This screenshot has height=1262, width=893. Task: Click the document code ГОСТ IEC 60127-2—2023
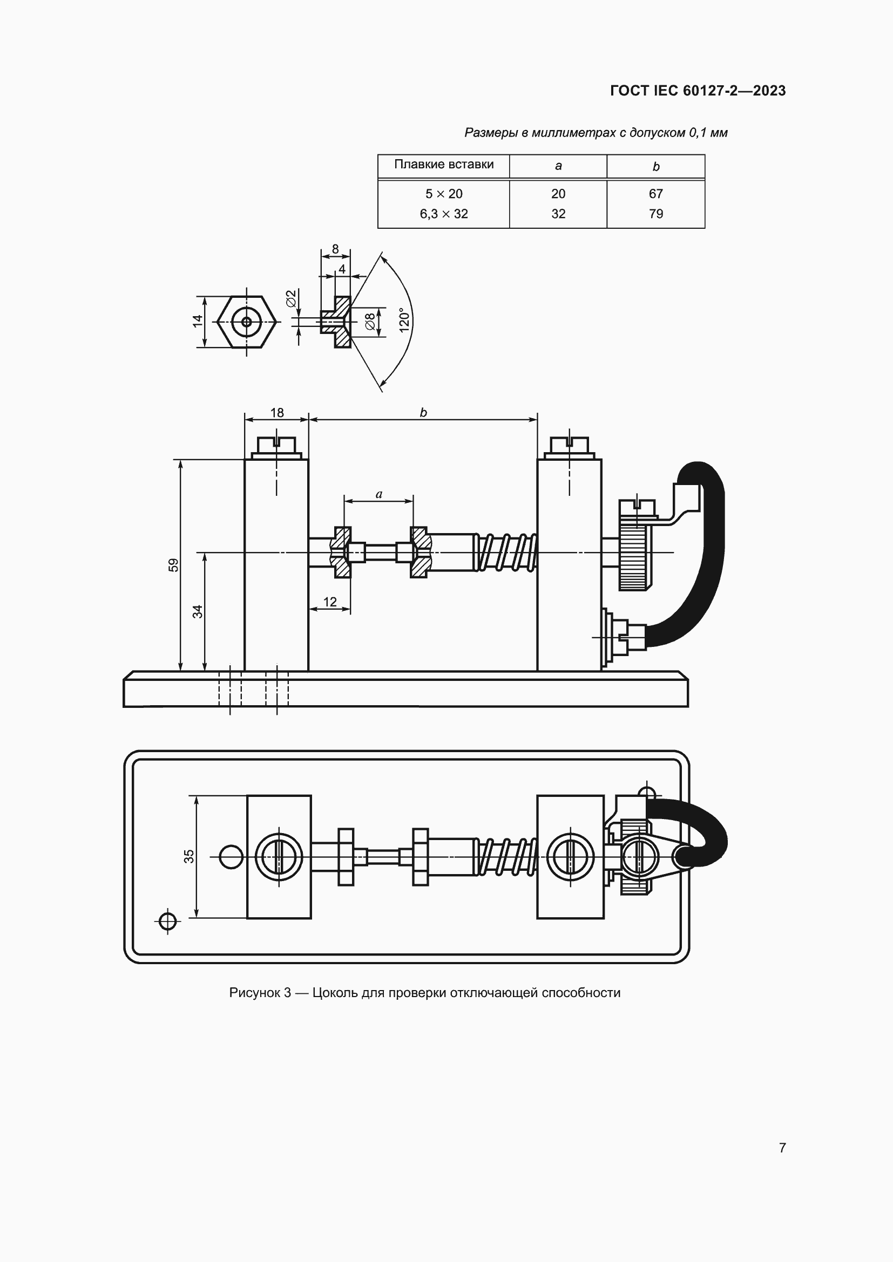coord(697,91)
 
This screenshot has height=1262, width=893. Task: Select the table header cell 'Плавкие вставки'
coord(444,165)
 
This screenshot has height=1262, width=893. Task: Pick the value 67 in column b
coord(655,194)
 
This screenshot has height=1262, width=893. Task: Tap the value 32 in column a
coord(558,214)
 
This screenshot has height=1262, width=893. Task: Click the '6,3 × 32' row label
coord(444,214)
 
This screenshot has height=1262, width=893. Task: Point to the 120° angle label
coord(405,320)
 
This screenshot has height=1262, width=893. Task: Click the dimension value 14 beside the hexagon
coord(198,321)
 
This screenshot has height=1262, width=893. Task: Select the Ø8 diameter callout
coord(370,322)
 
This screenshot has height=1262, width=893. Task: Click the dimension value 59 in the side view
coord(173,565)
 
